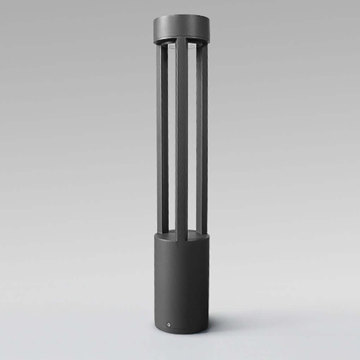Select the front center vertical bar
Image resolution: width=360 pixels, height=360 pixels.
tap(181, 141)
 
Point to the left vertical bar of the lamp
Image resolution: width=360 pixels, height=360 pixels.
tap(162, 141)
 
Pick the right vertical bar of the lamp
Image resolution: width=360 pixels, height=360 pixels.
tap(202, 141)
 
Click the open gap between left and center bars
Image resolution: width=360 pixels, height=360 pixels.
tap(172, 141)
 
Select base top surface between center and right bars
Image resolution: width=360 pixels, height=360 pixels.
tap(192, 234)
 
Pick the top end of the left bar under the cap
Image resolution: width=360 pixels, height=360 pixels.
tap(162, 46)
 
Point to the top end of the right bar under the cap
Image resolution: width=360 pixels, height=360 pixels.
tap(202, 46)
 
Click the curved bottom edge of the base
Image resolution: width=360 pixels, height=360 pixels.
tap(181, 332)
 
